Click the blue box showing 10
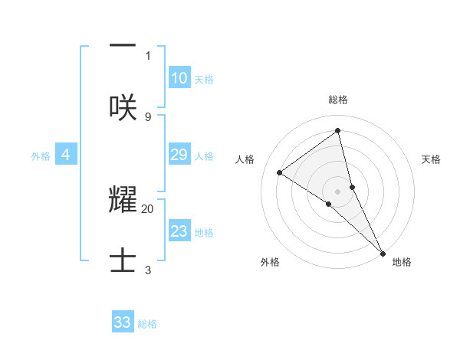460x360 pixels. point(179,77)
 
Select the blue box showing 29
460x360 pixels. point(179,155)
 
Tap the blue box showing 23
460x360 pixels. point(179,231)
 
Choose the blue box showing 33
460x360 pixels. point(123,322)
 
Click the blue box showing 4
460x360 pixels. point(66,155)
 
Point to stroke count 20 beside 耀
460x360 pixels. point(148,208)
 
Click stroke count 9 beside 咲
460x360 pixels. point(148,116)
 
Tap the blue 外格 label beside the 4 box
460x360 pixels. point(41,155)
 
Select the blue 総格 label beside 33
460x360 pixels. point(147,323)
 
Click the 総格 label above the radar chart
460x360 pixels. point(337,100)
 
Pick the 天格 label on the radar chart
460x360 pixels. point(431,159)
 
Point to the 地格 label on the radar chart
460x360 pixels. point(402,262)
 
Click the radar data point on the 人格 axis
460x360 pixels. point(280,172)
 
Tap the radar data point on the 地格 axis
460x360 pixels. point(383,252)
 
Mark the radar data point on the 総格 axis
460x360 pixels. point(337,131)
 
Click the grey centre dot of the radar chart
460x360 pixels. point(337,191)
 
